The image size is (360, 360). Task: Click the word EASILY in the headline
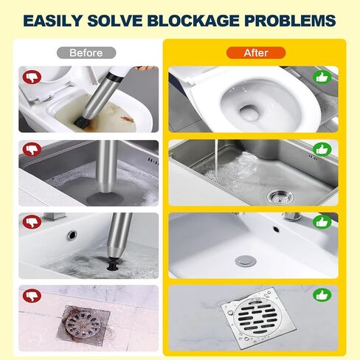(x=52, y=21)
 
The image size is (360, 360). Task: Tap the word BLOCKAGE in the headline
(x=194, y=21)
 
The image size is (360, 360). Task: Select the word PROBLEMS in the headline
(x=290, y=21)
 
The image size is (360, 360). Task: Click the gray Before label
(x=86, y=53)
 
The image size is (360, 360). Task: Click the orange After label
(x=256, y=53)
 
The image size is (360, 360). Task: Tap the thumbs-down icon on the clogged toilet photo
(x=32, y=77)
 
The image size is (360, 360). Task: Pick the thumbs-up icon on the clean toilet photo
(x=322, y=77)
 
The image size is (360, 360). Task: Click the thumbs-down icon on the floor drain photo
(x=32, y=295)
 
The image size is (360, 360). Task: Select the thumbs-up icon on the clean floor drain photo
(x=322, y=295)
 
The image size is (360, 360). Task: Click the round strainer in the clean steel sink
(x=281, y=196)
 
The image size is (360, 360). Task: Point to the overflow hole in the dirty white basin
(x=72, y=235)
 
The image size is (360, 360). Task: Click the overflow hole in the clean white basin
(x=276, y=229)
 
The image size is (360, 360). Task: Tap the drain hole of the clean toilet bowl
(x=249, y=111)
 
